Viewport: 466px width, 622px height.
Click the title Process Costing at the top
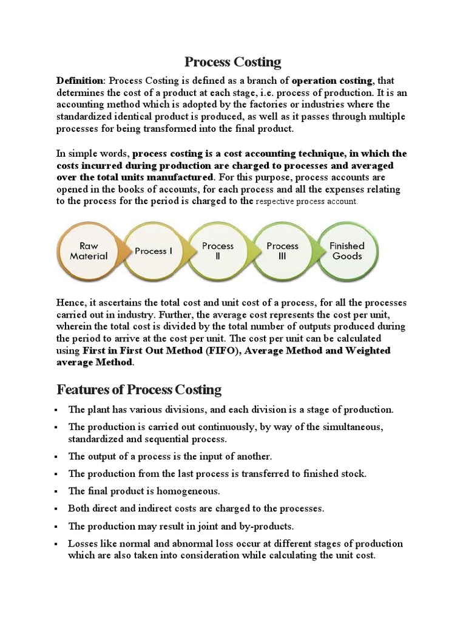[x=233, y=61]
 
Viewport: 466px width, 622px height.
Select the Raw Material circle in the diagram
[x=89, y=251]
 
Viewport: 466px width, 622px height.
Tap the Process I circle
[x=154, y=251]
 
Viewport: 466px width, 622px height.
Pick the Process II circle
[x=218, y=251]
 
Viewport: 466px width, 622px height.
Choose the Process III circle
[x=283, y=251]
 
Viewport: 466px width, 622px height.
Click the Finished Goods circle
[x=346, y=251]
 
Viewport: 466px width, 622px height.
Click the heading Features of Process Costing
[x=139, y=389]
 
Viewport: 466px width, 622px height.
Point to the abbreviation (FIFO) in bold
[x=207, y=350]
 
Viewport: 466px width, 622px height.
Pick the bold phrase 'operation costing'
[x=333, y=81]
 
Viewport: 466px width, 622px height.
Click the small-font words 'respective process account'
[x=306, y=202]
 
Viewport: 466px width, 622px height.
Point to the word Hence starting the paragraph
[x=70, y=302]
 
